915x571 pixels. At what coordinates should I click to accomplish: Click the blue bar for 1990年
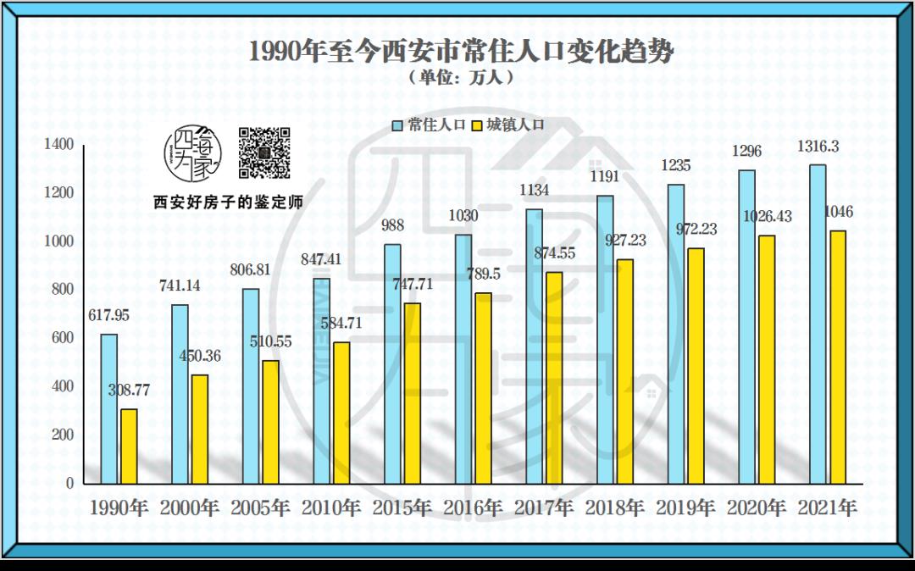tap(108, 408)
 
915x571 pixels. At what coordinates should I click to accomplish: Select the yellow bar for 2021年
tap(837, 357)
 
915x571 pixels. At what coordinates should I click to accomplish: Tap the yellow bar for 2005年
tap(270, 422)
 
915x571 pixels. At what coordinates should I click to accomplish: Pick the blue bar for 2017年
tap(534, 346)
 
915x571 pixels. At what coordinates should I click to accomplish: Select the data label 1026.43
tap(767, 217)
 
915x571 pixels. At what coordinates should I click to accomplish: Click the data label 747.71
tap(413, 285)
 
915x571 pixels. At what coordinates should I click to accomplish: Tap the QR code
tap(263, 152)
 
